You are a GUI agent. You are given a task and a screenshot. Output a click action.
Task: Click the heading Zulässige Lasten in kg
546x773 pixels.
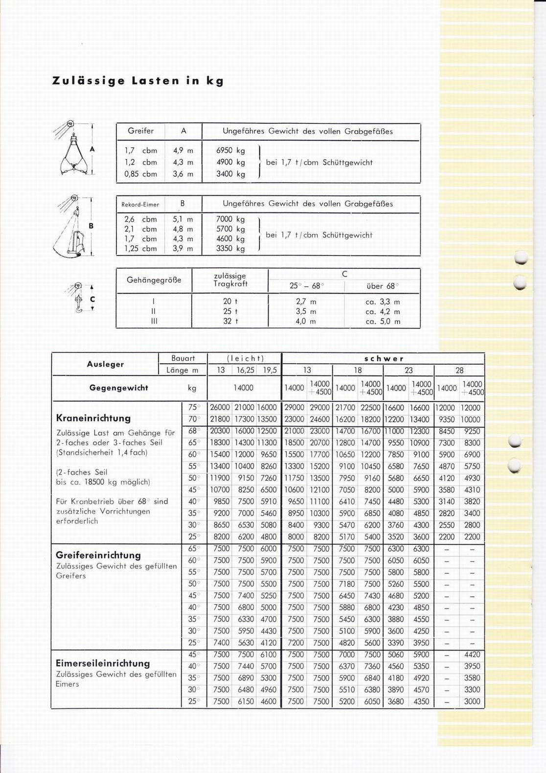(137, 81)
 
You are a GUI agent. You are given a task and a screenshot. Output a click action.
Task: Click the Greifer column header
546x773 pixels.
(141, 131)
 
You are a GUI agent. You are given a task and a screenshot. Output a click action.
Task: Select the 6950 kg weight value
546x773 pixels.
(230, 151)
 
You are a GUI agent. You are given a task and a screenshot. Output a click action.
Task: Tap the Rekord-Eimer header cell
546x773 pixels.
(140, 204)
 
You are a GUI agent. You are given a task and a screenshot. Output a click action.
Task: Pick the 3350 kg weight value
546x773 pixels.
(230, 249)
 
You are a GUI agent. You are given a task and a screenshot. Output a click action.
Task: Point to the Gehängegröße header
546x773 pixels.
(154, 280)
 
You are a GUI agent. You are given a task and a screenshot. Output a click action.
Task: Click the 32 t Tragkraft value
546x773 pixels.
(230, 322)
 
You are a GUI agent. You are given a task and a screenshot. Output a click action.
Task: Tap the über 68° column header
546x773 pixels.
(382, 286)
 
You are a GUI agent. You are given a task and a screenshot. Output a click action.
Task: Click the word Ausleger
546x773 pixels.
(105, 364)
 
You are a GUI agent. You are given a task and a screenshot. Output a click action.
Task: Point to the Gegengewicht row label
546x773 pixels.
(118, 388)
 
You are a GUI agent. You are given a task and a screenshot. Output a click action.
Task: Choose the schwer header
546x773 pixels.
(384, 358)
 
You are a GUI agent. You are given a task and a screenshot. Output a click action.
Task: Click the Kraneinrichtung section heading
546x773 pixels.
(93, 418)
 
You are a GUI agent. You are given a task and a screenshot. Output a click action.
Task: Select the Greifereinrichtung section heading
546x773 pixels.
(98, 555)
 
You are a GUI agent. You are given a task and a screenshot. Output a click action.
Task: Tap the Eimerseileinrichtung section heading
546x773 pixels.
(103, 663)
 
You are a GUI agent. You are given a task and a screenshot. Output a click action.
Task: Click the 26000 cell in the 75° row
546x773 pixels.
(220, 408)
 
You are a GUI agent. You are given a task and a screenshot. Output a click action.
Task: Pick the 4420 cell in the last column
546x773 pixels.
(472, 655)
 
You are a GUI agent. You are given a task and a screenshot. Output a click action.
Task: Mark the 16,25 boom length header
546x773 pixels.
(246, 370)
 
